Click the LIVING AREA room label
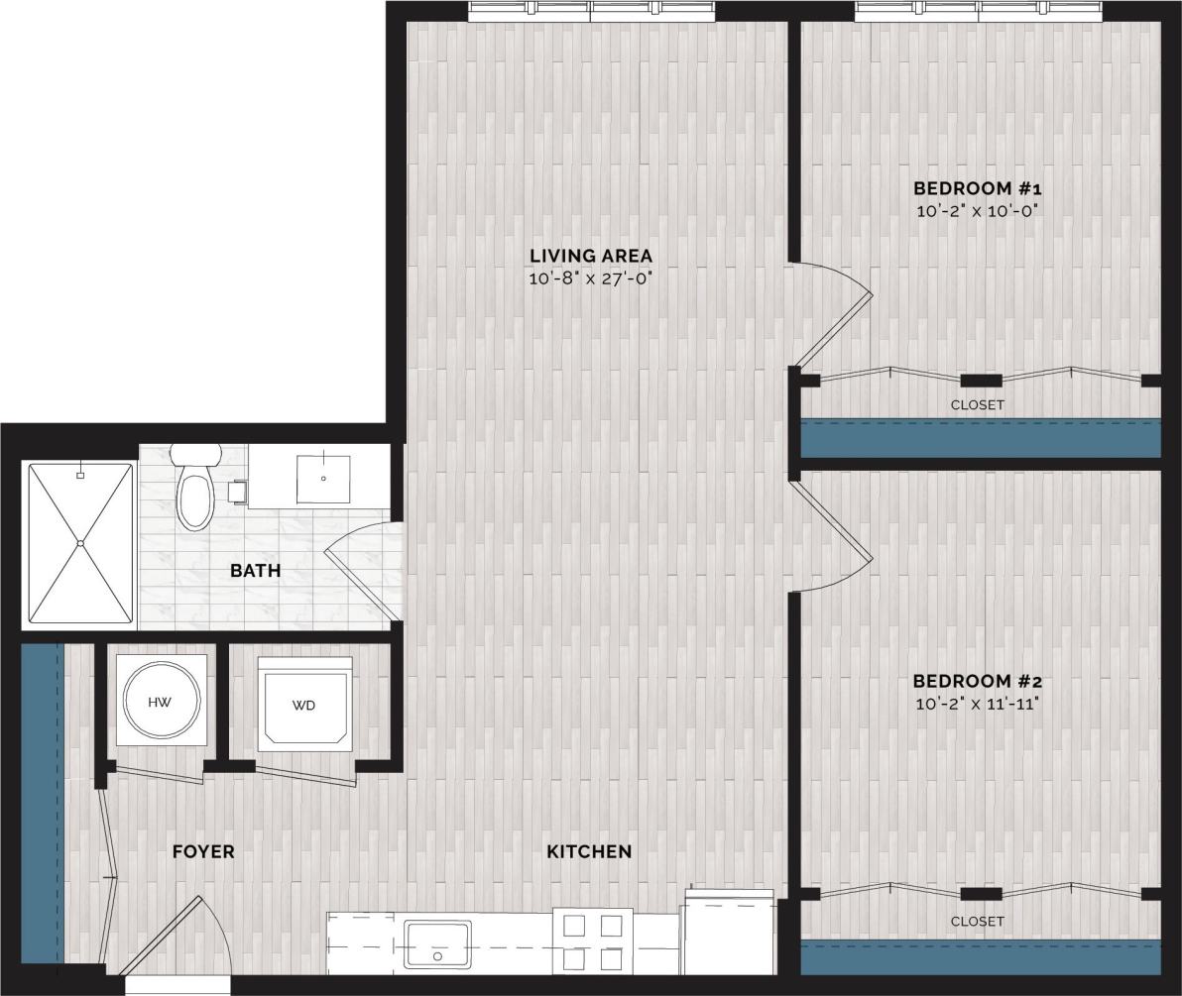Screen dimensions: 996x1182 click(590, 256)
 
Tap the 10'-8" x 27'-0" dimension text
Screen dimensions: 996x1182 click(590, 278)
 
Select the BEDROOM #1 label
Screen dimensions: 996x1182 click(978, 188)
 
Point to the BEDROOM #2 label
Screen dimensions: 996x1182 click(978, 682)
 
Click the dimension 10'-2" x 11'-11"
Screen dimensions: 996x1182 click(978, 705)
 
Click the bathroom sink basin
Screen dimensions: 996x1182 click(324, 478)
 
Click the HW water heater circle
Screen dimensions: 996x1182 click(161, 702)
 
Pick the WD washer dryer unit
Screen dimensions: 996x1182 click(304, 705)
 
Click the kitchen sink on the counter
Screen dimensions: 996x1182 click(437, 942)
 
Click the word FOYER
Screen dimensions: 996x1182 click(203, 851)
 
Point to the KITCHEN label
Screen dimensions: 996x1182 click(589, 851)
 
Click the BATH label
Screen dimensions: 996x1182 click(255, 571)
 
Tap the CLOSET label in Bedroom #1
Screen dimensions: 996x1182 click(978, 404)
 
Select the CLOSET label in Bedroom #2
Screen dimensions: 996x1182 click(978, 921)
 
